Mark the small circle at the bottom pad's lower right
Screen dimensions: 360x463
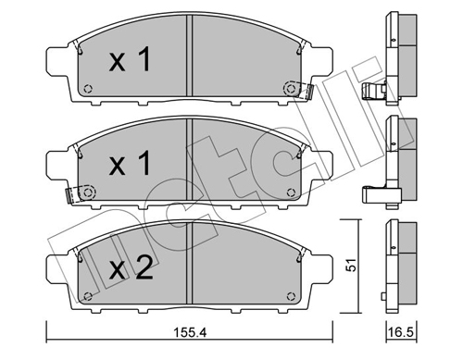(x=294, y=296)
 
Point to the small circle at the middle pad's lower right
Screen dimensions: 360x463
(x=294, y=192)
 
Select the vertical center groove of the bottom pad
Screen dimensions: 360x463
(x=190, y=268)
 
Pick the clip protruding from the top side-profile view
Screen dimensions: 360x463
(x=374, y=91)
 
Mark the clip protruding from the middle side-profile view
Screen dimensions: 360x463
(x=374, y=195)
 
